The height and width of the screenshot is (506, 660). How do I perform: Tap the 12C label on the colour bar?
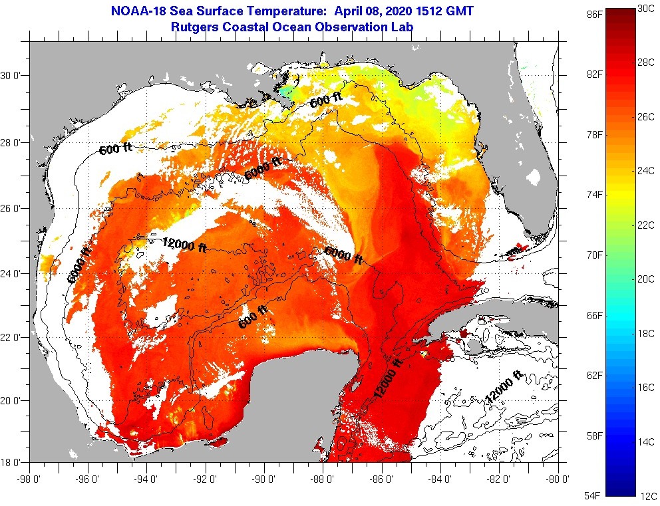coord(648,495)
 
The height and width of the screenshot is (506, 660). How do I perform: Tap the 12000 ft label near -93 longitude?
coord(184,245)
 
